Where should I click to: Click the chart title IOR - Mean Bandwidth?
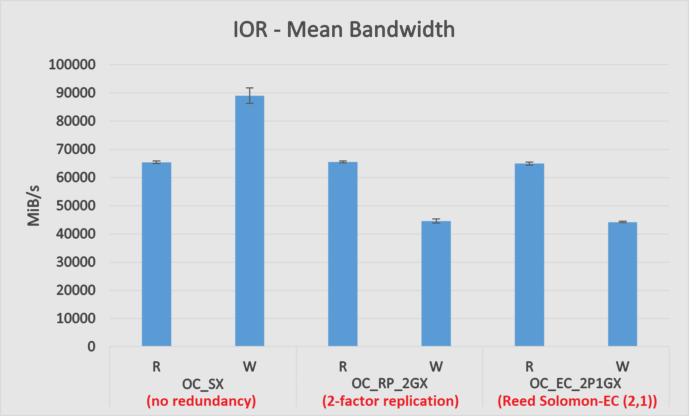tap(344, 29)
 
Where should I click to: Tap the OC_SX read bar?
tap(156, 254)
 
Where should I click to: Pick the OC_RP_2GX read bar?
tap(342, 254)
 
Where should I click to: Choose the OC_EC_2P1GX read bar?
tap(529, 255)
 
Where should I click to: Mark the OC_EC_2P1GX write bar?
tap(622, 284)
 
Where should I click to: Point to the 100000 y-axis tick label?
tap(72, 64)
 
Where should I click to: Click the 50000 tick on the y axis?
tap(76, 206)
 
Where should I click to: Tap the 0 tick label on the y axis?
tap(91, 346)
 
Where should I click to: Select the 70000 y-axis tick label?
tap(76, 149)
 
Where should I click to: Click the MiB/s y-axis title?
tap(33, 206)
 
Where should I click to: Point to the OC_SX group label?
tap(203, 384)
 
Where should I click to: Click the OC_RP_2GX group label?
tap(389, 383)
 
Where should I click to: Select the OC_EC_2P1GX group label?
tap(575, 383)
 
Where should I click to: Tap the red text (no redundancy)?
tap(201, 401)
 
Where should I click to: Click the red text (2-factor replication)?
tap(390, 401)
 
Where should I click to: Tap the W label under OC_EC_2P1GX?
tap(622, 366)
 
